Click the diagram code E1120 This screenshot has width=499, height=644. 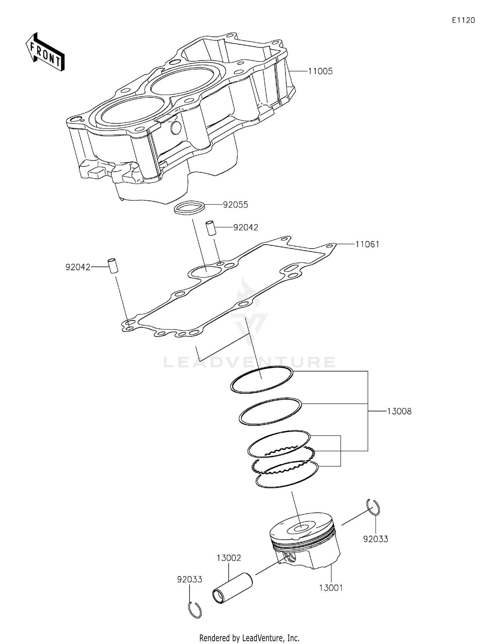[x=463, y=20]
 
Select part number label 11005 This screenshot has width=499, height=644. [x=320, y=71]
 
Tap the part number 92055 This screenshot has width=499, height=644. [x=236, y=205]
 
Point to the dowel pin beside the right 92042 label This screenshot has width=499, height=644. [x=210, y=228]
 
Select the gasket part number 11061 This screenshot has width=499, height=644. [x=367, y=245]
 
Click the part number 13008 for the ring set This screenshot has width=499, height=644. [x=399, y=411]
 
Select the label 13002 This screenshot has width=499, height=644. [x=229, y=558]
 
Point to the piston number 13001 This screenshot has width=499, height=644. [x=331, y=588]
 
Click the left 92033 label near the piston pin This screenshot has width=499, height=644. [x=189, y=580]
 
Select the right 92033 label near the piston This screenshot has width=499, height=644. [x=376, y=539]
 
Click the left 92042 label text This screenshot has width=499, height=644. [x=78, y=267]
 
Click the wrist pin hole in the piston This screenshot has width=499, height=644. [x=290, y=557]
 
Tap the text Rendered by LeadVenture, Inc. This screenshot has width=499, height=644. [x=249, y=638]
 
